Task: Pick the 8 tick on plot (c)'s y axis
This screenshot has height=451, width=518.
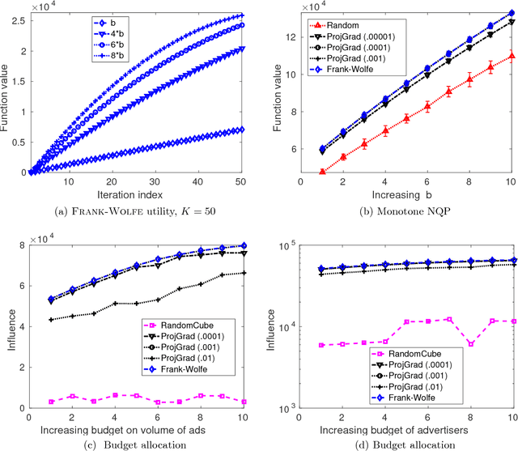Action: [x=21, y=245]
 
